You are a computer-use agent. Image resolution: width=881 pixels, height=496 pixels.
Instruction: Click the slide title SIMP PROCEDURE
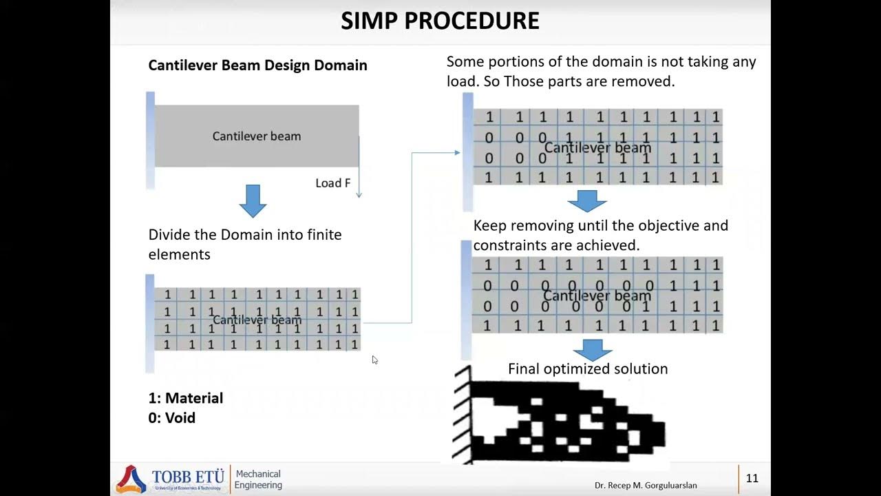point(440,21)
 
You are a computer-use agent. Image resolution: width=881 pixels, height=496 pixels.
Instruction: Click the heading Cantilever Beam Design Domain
point(257,65)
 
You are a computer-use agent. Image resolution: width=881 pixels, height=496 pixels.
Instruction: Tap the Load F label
point(332,183)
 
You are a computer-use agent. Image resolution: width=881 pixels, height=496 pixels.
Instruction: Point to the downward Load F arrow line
point(359,172)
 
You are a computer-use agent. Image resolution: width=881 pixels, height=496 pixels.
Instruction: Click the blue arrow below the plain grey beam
point(253,200)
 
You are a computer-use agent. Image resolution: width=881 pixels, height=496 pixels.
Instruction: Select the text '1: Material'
point(186,398)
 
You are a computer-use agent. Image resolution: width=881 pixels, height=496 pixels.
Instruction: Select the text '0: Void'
point(172,418)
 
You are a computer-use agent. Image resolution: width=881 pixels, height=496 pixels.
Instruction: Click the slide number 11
point(752,478)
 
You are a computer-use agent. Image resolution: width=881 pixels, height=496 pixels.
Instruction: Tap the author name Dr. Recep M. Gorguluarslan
point(646,486)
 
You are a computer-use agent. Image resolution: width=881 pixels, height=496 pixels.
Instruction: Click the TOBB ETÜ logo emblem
point(131,479)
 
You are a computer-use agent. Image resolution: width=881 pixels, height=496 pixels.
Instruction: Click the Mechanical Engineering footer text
point(258,479)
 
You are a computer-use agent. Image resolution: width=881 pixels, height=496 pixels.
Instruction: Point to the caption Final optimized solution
point(588,369)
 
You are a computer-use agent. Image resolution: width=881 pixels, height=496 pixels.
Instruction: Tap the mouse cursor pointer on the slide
point(374,360)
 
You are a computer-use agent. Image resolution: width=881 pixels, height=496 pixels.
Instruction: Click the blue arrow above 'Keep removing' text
point(587,201)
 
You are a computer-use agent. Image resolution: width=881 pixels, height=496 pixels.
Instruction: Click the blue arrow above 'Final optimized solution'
point(592,349)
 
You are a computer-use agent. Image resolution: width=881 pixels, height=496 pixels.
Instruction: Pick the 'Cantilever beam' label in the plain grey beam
point(257,136)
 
